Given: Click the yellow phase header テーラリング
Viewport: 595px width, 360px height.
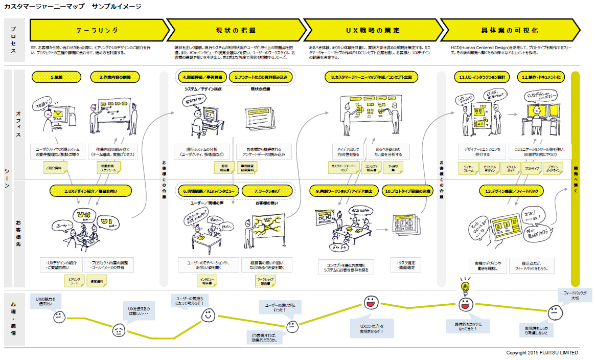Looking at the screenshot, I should (97, 30).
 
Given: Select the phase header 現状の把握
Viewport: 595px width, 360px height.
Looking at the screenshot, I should (235, 30).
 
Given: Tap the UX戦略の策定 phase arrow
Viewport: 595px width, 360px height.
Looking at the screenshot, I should (372, 30).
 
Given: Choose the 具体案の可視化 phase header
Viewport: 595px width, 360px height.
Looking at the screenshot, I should (509, 30).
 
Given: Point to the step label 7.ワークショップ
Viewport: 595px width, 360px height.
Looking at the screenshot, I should (267, 191).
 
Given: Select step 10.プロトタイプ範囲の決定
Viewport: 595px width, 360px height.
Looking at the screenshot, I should (407, 191).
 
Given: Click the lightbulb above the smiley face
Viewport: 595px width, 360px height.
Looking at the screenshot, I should (465, 285).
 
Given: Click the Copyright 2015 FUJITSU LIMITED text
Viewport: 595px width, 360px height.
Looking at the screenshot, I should (542, 353).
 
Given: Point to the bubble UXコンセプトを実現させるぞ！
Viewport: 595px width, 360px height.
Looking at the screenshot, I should (372, 329).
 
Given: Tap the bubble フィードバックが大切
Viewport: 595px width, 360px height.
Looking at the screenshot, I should (575, 295).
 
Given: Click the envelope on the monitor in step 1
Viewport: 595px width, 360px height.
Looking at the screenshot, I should (57, 113).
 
